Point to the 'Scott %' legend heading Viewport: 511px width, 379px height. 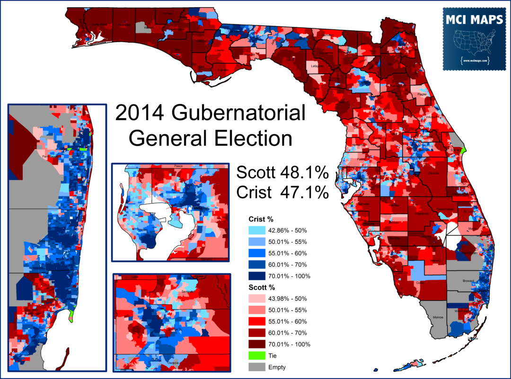[x=261, y=287]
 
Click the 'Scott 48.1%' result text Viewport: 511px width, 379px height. [x=282, y=172]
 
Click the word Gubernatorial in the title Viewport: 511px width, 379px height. [x=238, y=114]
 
